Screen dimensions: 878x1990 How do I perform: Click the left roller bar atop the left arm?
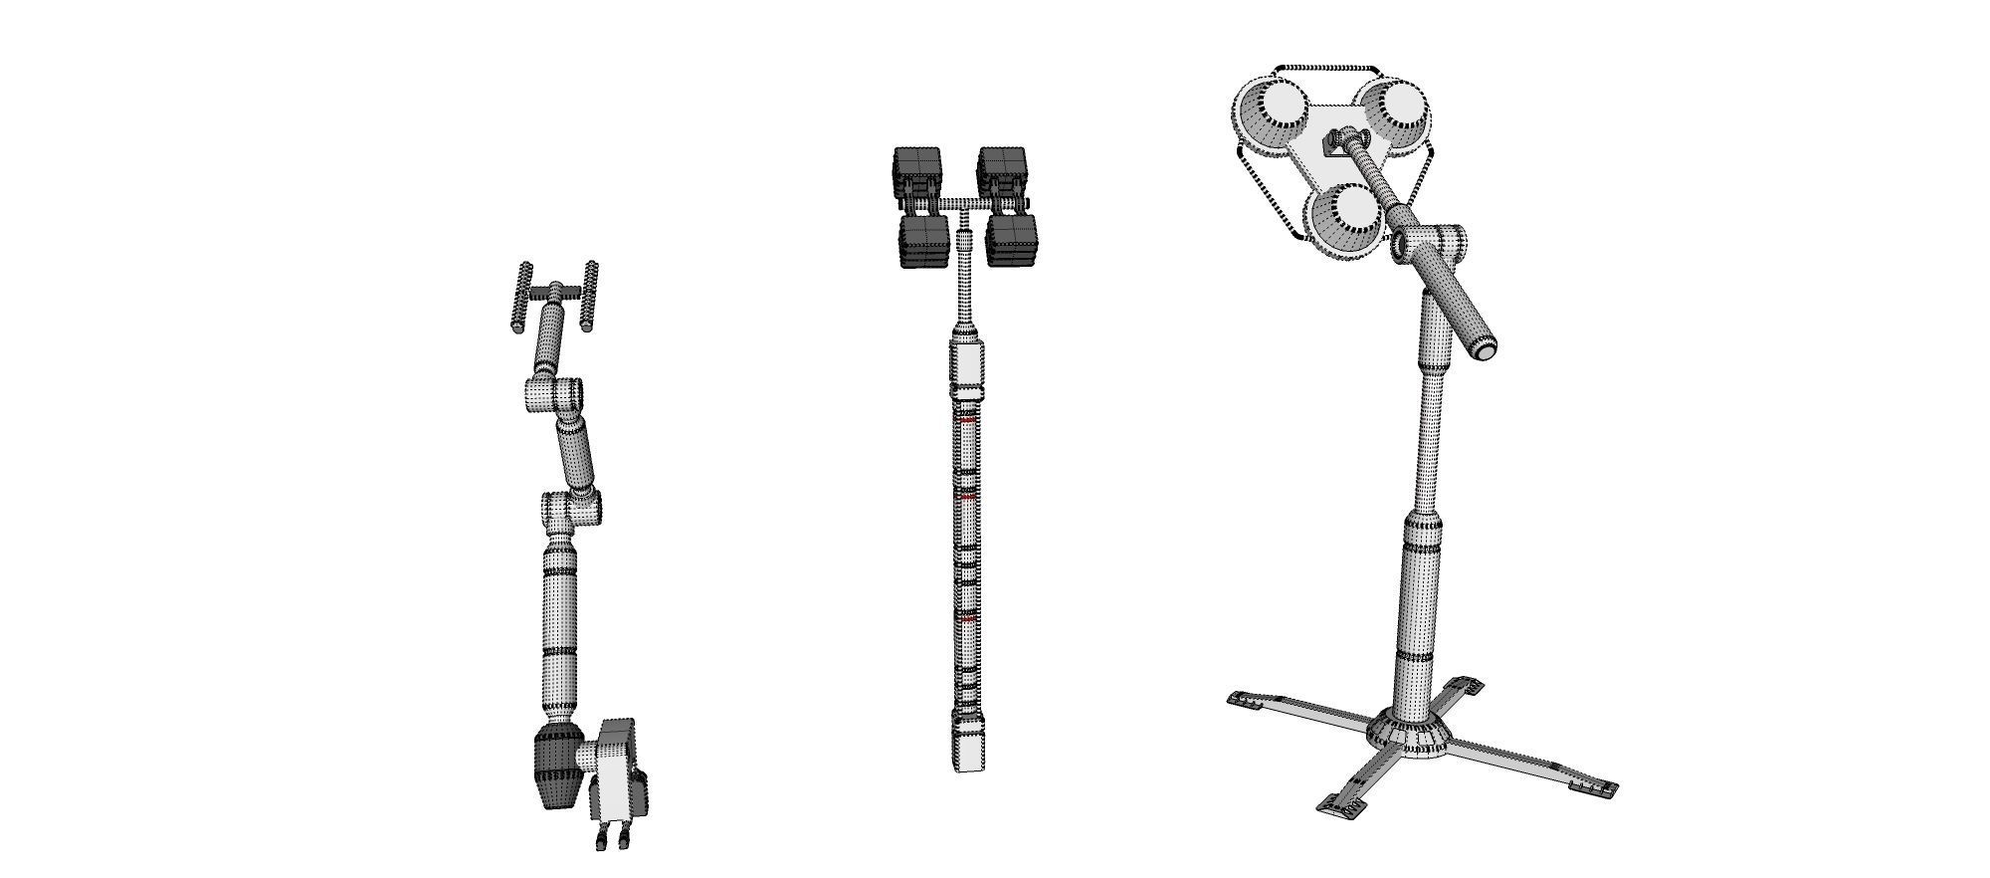coord(523,297)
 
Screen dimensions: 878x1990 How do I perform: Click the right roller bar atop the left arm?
coord(590,296)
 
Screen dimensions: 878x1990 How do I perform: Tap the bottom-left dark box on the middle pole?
coord(924,242)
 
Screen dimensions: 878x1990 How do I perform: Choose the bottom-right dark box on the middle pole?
coord(1011,242)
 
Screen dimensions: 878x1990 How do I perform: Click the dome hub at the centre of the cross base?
coord(1411,735)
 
